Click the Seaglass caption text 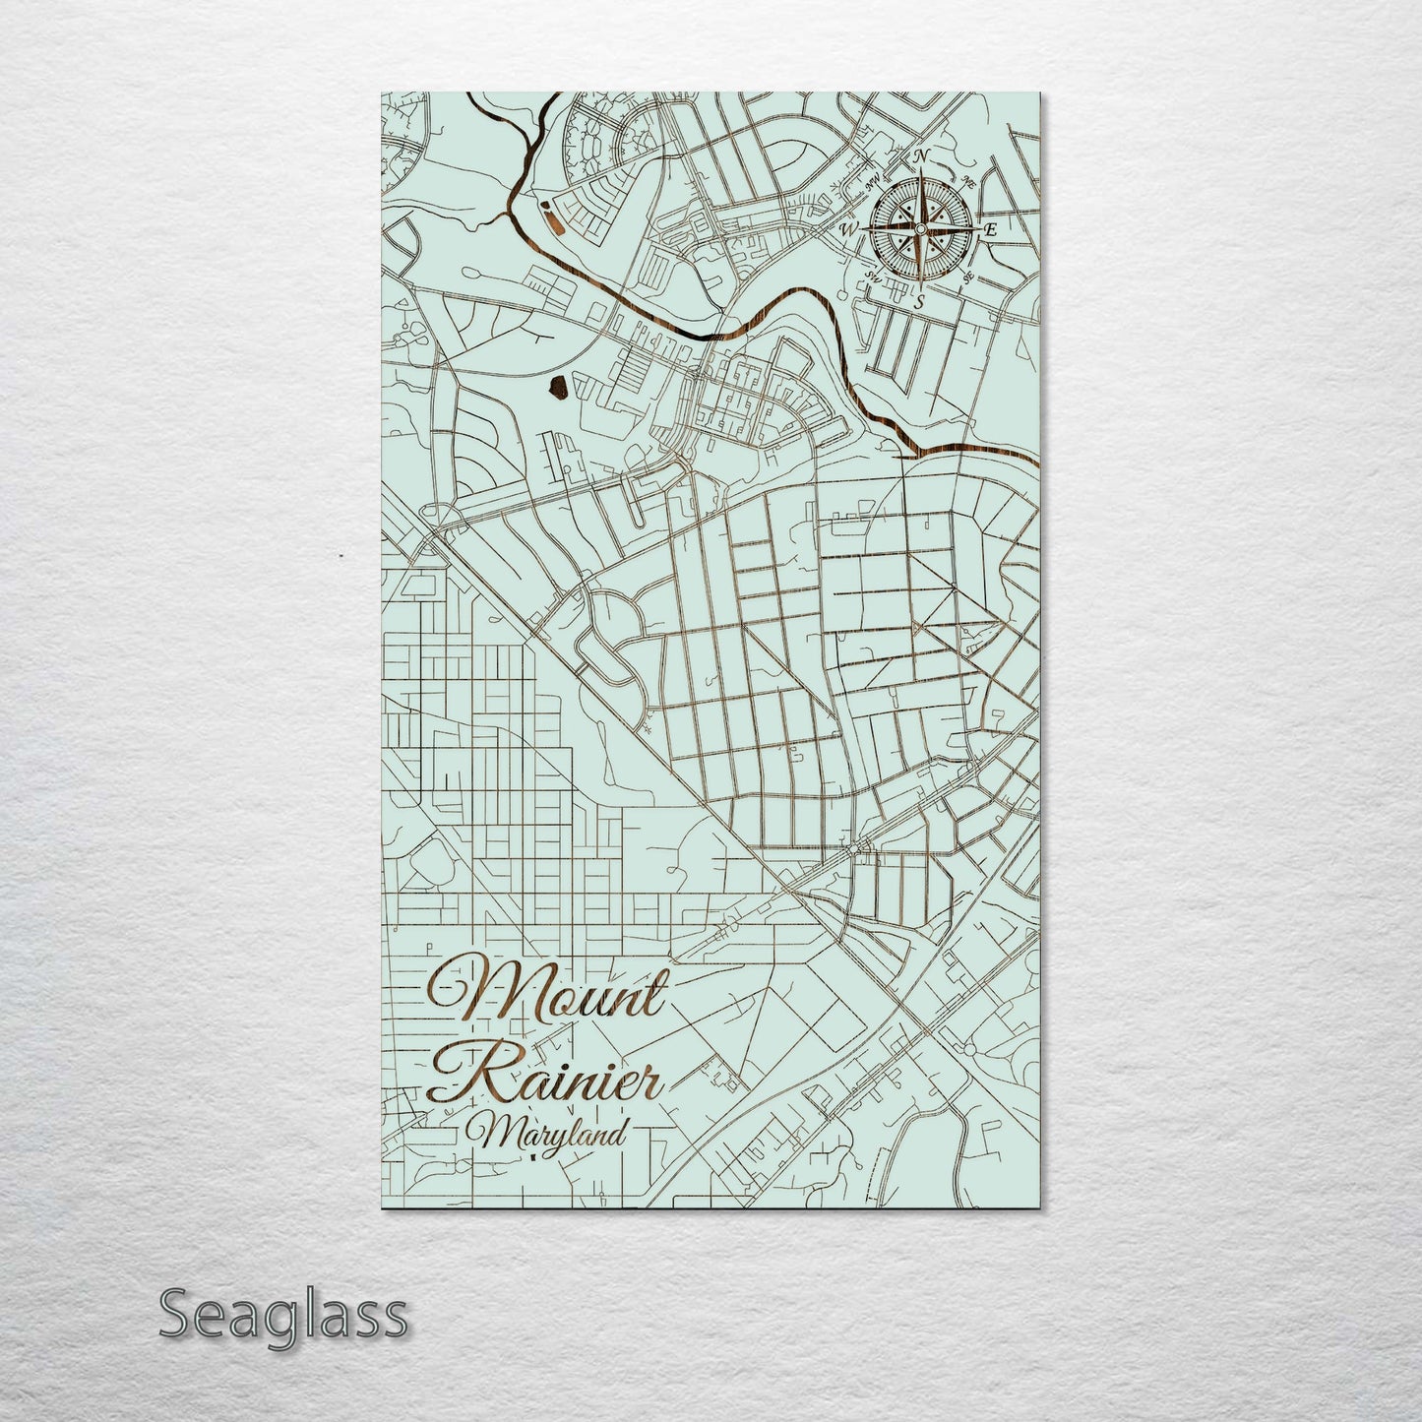point(282,1314)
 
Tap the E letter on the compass point(991,229)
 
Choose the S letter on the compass point(918,302)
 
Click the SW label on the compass point(871,276)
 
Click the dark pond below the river point(558,391)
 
